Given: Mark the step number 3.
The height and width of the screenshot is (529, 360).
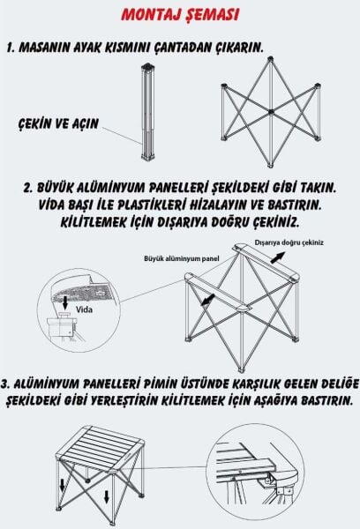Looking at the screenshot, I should pos(8,385).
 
